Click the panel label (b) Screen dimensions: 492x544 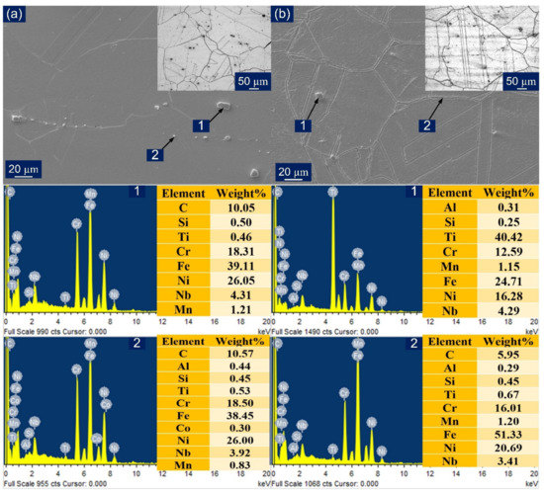pos(284,14)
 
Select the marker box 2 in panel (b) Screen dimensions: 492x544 pos(428,125)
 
